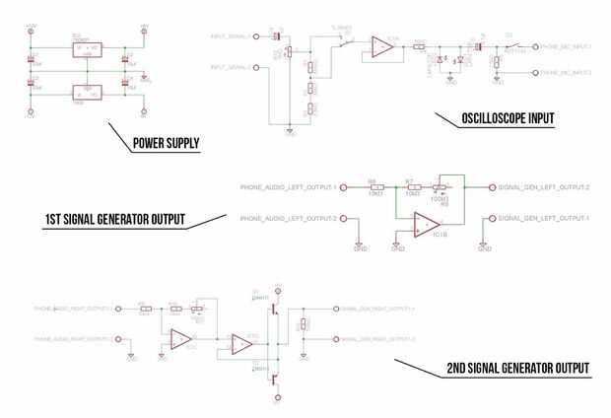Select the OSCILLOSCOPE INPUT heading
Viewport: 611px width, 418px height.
pos(508,119)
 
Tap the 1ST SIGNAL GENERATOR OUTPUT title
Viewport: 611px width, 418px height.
pos(114,218)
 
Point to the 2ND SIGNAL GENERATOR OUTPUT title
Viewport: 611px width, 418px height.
pos(516,370)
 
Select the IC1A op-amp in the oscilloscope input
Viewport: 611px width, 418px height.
pos(380,44)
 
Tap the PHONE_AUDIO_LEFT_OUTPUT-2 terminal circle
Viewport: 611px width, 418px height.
pos(343,217)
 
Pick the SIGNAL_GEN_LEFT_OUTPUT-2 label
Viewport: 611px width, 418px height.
pos(544,186)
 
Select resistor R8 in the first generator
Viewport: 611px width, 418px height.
pos(373,186)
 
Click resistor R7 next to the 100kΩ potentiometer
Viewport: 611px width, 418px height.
pos(412,186)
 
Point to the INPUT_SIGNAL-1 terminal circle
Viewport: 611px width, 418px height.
pos(257,37)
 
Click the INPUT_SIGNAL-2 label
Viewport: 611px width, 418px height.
pos(231,66)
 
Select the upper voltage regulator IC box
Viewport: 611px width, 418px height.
pos(89,49)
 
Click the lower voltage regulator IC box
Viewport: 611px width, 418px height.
pos(89,94)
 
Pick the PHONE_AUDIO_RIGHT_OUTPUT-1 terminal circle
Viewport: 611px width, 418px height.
pos(116,309)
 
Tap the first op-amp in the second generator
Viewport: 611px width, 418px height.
pos(180,339)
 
